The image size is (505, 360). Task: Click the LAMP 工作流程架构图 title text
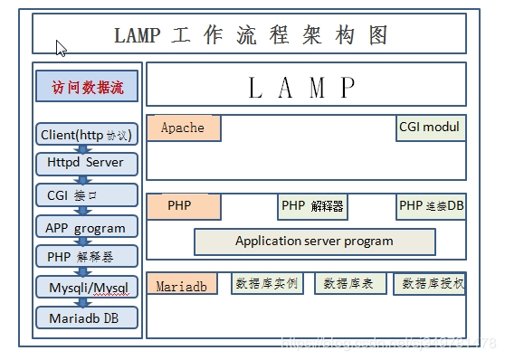251,35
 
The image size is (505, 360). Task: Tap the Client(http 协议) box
87,135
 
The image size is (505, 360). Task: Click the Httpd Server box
87,164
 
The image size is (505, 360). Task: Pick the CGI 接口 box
87,194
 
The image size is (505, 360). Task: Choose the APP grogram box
87,226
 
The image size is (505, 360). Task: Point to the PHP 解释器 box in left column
87,256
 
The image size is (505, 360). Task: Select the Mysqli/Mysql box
87,288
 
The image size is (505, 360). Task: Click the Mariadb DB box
87,317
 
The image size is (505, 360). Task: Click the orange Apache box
184,128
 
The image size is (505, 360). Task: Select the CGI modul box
431,128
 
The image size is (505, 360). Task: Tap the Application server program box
314,242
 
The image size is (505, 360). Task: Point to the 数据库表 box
350,284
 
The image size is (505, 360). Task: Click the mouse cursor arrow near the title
61,48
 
